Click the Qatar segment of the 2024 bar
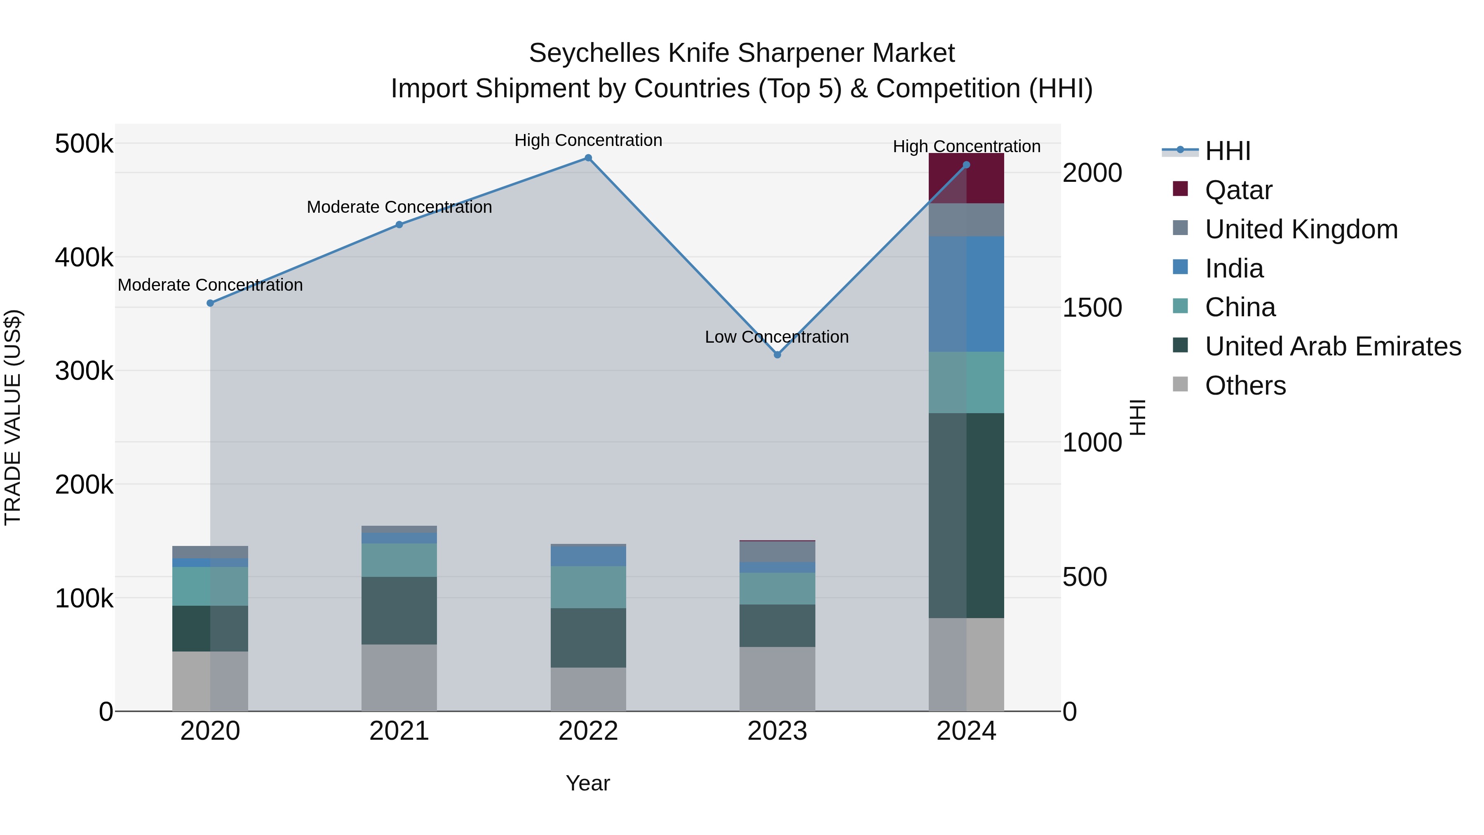pyautogui.click(x=966, y=178)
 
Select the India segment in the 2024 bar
pyautogui.click(x=966, y=294)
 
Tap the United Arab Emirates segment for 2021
pyautogui.click(x=399, y=610)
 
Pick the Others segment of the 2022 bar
pyautogui.click(x=588, y=689)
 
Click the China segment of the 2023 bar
pyautogui.click(x=777, y=588)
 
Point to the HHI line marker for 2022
pyautogui.click(x=588, y=158)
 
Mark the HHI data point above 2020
pyautogui.click(x=210, y=303)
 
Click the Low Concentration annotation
pyautogui.click(x=777, y=337)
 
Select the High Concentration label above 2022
pyautogui.click(x=588, y=141)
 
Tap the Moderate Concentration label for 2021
pyautogui.click(x=399, y=207)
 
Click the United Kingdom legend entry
pyautogui.click(x=1301, y=229)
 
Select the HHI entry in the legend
pyautogui.click(x=1227, y=151)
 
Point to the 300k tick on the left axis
pyautogui.click(x=84, y=371)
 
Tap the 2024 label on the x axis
pyautogui.click(x=966, y=731)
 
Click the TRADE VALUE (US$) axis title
pyautogui.click(x=13, y=417)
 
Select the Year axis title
pyautogui.click(x=587, y=783)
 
